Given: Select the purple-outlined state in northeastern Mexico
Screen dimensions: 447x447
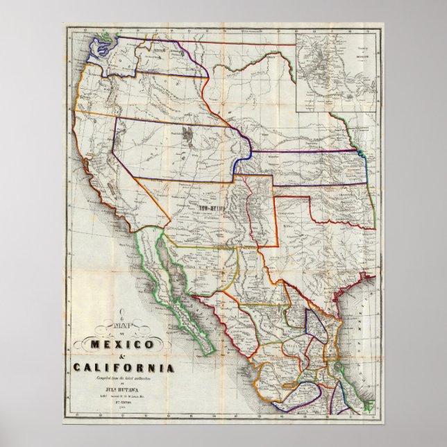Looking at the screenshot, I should [x=316, y=326].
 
